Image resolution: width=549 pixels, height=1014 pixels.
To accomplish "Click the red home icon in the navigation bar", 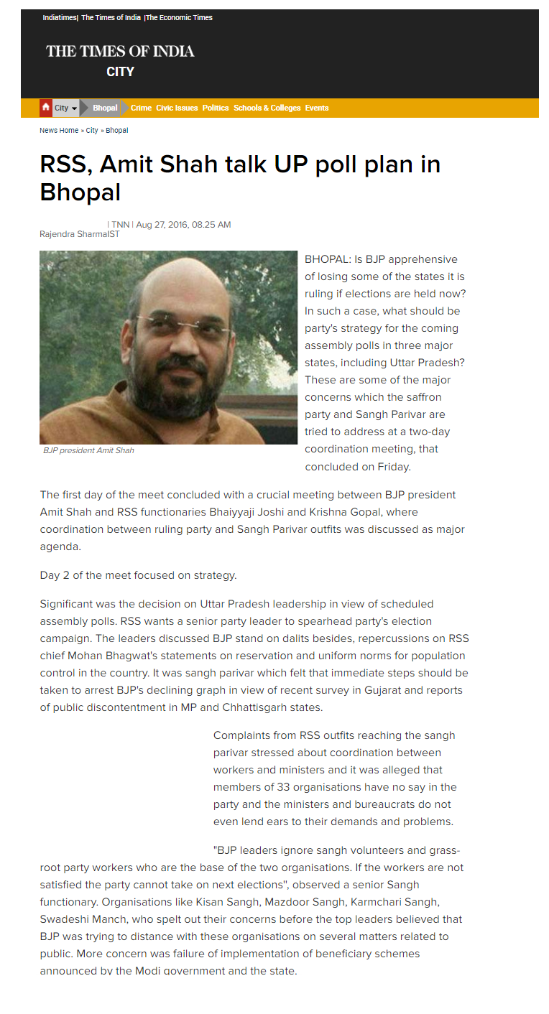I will pyautogui.click(x=46, y=108).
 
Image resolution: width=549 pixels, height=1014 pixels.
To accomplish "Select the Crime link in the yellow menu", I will pyautogui.click(x=141, y=108).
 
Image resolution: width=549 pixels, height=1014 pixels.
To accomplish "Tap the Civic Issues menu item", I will pyautogui.click(x=177, y=108).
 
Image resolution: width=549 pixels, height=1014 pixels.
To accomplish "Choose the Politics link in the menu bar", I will pyautogui.click(x=216, y=108).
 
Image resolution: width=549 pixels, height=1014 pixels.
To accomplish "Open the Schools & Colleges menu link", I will pyautogui.click(x=267, y=108).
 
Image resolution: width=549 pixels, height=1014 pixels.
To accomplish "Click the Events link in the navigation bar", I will pyautogui.click(x=317, y=108).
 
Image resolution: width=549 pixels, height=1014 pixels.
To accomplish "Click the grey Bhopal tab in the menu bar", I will pyautogui.click(x=105, y=108).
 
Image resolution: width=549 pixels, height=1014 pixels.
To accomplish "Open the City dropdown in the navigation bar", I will pyautogui.click(x=65, y=108).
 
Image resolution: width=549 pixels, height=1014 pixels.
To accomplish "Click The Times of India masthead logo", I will pyautogui.click(x=120, y=51).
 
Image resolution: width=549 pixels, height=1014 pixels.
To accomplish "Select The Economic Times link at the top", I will pyautogui.click(x=180, y=17).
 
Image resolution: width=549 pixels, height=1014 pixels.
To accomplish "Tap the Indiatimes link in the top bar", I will pyautogui.click(x=60, y=17).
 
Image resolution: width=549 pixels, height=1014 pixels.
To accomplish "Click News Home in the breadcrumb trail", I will pyautogui.click(x=59, y=131).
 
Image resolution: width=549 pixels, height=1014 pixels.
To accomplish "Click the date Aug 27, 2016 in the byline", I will pyautogui.click(x=162, y=225).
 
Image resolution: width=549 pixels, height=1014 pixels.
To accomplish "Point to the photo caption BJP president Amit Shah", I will pyautogui.click(x=88, y=451).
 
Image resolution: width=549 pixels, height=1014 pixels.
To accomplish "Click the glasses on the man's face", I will pyautogui.click(x=183, y=324).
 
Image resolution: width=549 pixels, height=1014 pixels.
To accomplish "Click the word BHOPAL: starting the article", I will pyautogui.click(x=328, y=259).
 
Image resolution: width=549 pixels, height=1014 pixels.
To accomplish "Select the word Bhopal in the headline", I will pyautogui.click(x=80, y=192).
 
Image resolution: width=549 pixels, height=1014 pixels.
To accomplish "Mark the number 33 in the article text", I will pyautogui.click(x=283, y=787).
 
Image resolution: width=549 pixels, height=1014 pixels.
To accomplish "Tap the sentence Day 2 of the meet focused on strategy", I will pyautogui.click(x=138, y=575).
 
